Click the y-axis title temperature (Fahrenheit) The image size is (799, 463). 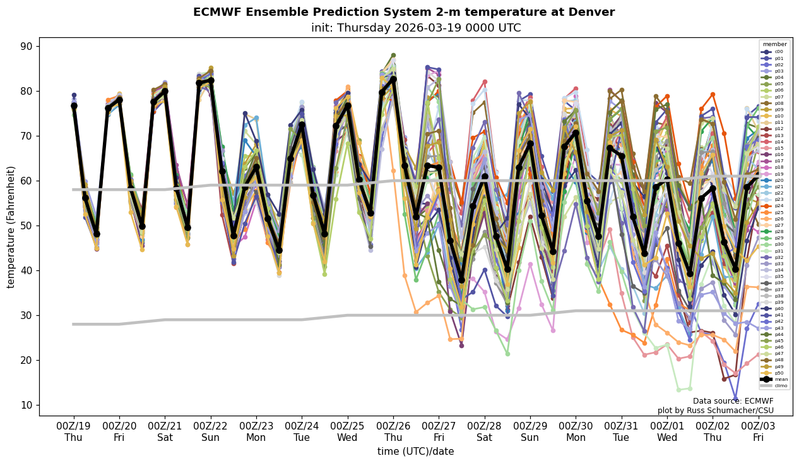[x=11, y=227]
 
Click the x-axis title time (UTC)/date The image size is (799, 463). [x=415, y=451]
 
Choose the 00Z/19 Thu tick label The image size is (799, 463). [x=73, y=431]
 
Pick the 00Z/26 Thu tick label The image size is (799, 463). [x=393, y=431]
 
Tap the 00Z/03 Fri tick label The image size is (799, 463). [x=759, y=431]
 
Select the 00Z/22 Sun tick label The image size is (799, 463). [x=211, y=431]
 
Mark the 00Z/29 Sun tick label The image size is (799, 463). [x=530, y=431]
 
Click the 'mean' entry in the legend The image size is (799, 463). [x=775, y=379]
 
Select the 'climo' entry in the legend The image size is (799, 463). [x=775, y=385]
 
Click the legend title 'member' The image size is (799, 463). [x=775, y=44]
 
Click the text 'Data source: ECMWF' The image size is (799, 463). [x=733, y=400]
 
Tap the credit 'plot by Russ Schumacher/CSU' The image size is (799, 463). [x=715, y=411]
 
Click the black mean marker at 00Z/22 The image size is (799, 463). [x=211, y=80]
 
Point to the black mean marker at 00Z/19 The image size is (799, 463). [x=74, y=105]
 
